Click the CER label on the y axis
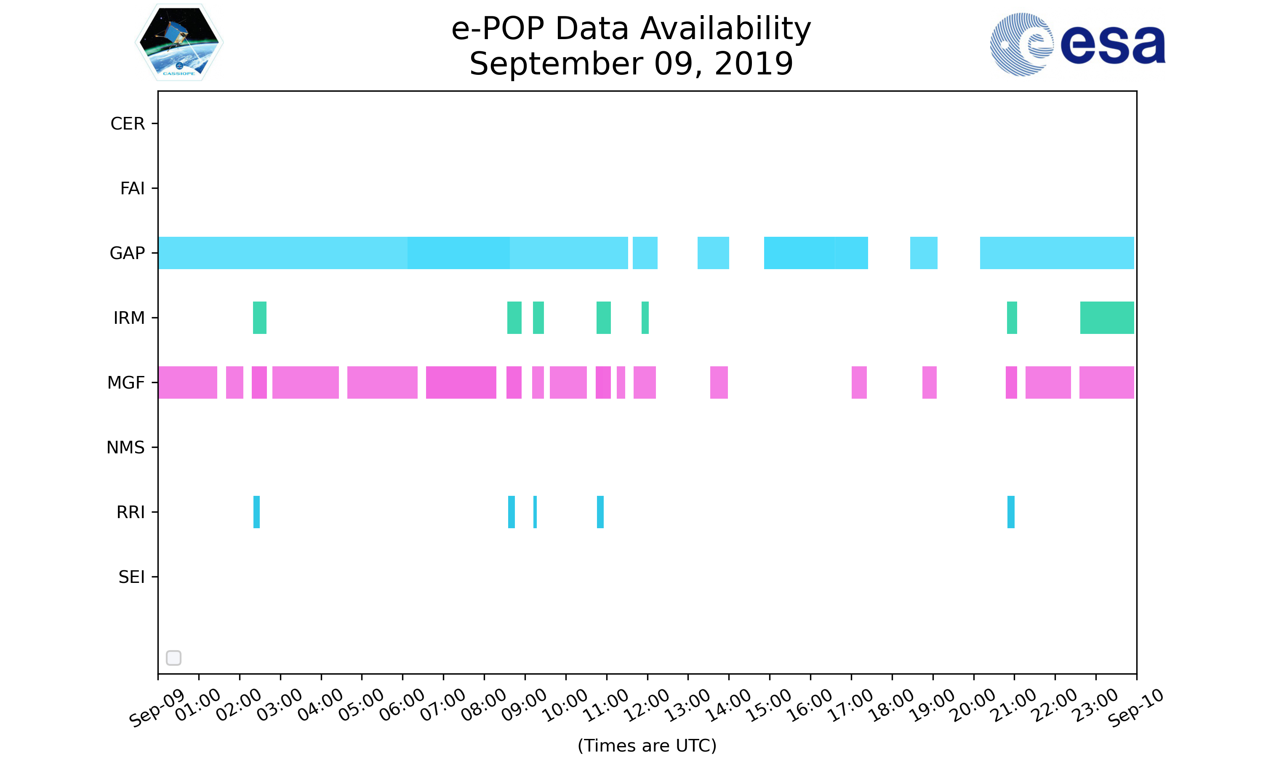tap(128, 124)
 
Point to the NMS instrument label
tap(125, 447)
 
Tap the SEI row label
tap(132, 577)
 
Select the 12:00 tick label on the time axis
tap(647, 705)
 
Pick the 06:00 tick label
tap(402, 705)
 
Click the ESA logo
tap(1077, 45)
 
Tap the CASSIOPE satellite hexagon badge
tap(179, 42)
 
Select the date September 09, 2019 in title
tap(631, 64)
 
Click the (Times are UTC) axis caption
tap(647, 745)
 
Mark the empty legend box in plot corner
tap(173, 658)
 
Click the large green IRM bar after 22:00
tap(1107, 318)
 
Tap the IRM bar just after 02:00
tap(259, 318)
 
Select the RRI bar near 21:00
tap(1011, 512)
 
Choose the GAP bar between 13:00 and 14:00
tap(713, 253)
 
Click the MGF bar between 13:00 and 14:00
tap(719, 383)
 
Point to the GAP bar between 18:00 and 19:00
tap(924, 253)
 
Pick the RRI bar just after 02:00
tap(256, 512)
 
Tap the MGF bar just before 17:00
tap(859, 383)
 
